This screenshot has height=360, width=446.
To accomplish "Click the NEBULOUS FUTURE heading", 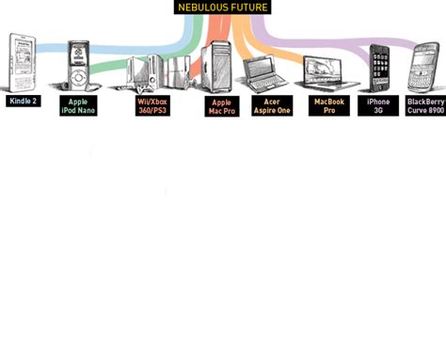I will (x=223, y=8).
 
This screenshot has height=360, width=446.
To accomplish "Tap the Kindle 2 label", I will (x=23, y=101).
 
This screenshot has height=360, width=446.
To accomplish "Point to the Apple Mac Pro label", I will (x=221, y=106).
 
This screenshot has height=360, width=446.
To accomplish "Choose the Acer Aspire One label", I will (x=271, y=105).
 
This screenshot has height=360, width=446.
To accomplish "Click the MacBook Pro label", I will (x=328, y=105).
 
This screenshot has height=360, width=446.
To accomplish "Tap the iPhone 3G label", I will (x=378, y=105).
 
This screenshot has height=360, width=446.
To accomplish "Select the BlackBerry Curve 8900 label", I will (x=425, y=105).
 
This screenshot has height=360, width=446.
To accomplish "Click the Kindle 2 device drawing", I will (x=22, y=62).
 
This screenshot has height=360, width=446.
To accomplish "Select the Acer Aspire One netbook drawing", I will (x=263, y=74).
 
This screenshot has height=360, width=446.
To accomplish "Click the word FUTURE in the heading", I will (x=246, y=8).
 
